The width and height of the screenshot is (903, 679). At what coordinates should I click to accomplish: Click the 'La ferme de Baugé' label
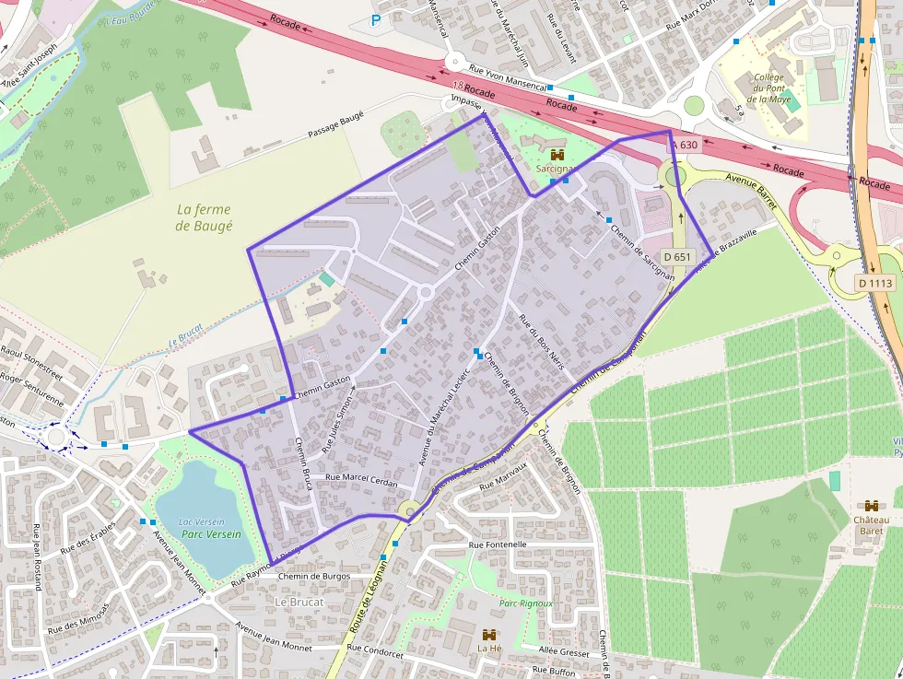(x=204, y=217)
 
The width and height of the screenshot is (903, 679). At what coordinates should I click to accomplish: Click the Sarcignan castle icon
(x=556, y=155)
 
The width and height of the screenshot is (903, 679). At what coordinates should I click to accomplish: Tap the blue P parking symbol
(x=375, y=19)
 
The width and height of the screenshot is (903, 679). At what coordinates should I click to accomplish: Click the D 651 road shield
(x=676, y=257)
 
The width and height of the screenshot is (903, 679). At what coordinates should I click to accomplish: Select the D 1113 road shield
(x=874, y=283)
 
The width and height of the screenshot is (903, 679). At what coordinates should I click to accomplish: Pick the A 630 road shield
(x=684, y=145)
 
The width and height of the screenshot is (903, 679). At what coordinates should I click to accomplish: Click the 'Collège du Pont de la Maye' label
(x=768, y=88)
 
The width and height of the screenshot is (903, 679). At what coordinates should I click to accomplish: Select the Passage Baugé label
(x=335, y=127)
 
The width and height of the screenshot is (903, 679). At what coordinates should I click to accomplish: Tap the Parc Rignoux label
(x=525, y=603)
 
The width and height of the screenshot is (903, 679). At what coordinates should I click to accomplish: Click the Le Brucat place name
(x=299, y=602)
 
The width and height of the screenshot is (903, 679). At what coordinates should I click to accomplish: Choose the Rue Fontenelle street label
(x=498, y=544)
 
